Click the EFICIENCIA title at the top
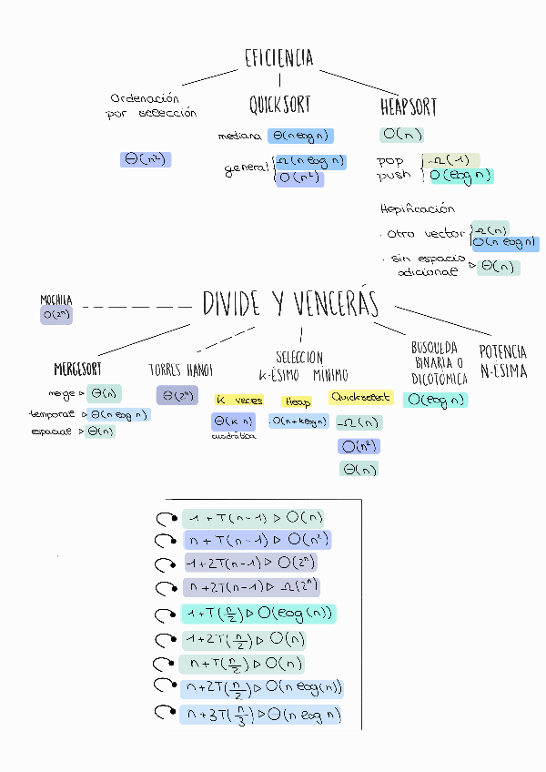(278, 59)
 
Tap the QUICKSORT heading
(280, 106)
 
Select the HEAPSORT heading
(409, 107)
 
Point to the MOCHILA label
(56, 300)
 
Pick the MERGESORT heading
(78, 370)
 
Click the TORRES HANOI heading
(180, 371)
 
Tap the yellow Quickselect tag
(361, 398)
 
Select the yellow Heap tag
(298, 401)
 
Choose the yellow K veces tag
(238, 401)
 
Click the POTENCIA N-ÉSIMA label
(503, 361)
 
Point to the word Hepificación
(418, 209)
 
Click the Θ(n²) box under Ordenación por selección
(146, 159)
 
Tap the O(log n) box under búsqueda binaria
(435, 400)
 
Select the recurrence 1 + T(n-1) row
(253, 519)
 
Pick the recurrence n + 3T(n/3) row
(259, 715)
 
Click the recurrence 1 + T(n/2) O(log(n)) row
(258, 614)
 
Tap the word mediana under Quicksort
(239, 137)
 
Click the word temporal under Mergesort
(53, 414)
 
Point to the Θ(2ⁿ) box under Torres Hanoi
(177, 395)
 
